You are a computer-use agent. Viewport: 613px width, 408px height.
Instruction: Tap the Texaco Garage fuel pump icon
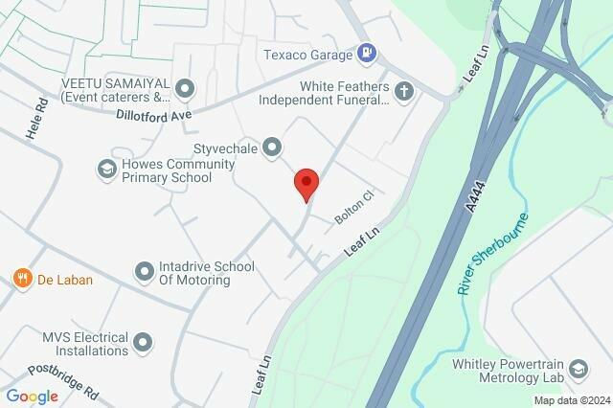click(365, 55)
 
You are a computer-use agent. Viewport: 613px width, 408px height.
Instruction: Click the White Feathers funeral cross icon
click(404, 92)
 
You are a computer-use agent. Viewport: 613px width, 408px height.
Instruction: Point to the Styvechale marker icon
click(273, 147)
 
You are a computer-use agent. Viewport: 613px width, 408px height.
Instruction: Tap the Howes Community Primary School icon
click(105, 170)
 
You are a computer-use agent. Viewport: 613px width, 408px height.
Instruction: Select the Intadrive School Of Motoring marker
click(144, 273)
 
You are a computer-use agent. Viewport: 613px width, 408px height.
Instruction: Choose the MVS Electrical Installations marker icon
click(143, 342)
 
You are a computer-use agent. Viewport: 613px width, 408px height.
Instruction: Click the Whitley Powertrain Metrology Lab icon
click(578, 369)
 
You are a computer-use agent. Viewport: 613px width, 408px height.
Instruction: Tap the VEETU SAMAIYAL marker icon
click(186, 90)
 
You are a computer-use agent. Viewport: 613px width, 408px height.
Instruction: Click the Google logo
click(33, 397)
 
